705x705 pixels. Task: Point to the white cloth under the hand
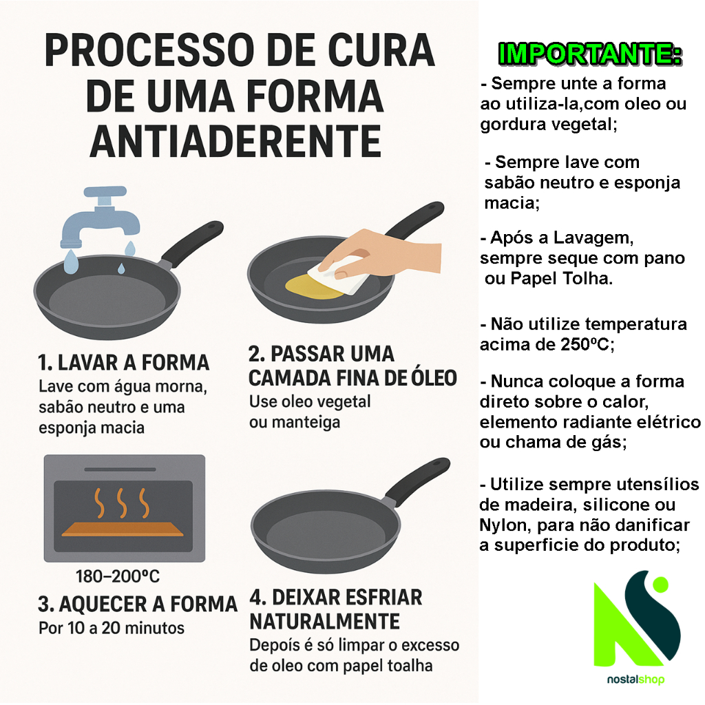[x=338, y=275]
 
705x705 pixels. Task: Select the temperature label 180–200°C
[x=117, y=576]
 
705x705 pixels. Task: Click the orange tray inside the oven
[x=123, y=529]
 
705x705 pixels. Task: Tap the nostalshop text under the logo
[x=635, y=679]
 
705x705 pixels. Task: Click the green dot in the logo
[x=660, y=585]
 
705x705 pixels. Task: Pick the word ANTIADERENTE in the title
[x=235, y=141]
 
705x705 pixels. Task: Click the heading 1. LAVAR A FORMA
[x=124, y=362]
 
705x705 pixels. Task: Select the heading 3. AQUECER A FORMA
[x=138, y=604]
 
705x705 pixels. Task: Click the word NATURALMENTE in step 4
[x=325, y=622]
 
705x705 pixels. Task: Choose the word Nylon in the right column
[x=503, y=525]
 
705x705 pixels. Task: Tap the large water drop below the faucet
[x=71, y=262]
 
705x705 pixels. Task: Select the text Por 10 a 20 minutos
[x=112, y=628]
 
